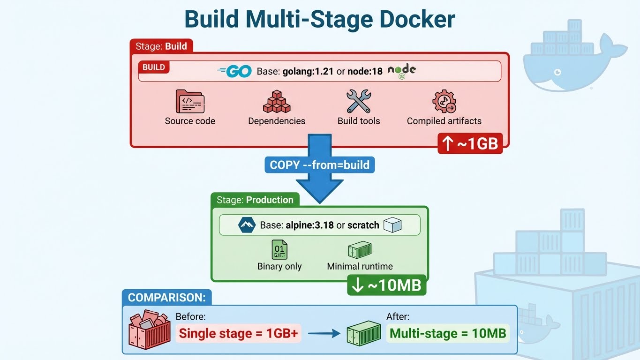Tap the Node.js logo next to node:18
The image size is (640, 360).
tap(402, 71)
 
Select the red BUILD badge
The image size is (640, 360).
tap(154, 67)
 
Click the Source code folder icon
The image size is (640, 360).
tap(189, 102)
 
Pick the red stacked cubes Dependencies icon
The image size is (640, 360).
tap(277, 102)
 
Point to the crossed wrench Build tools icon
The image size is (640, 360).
tap(359, 102)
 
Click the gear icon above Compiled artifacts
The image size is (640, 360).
tap(444, 102)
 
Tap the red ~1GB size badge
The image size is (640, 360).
tap(470, 143)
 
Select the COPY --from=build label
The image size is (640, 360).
tap(320, 165)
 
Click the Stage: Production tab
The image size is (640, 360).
tap(255, 200)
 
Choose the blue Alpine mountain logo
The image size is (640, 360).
tap(246, 225)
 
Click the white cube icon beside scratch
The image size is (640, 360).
tap(392, 225)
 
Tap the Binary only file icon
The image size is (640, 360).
tap(279, 250)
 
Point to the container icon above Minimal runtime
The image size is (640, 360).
tap(360, 250)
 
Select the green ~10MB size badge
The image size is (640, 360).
tap(387, 285)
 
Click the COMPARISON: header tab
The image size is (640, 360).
tap(166, 298)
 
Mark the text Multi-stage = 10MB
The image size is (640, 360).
tap(448, 334)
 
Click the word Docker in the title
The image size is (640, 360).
tap(411, 20)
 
